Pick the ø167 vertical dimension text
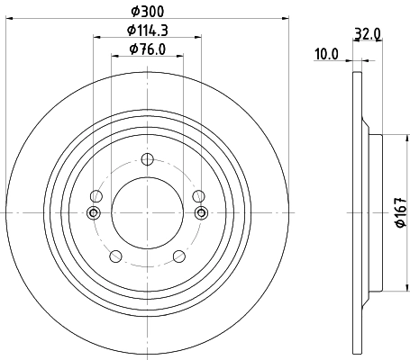point(399,212)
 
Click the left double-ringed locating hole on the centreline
point(93,212)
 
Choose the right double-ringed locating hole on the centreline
point(202,212)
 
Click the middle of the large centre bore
point(147,212)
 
